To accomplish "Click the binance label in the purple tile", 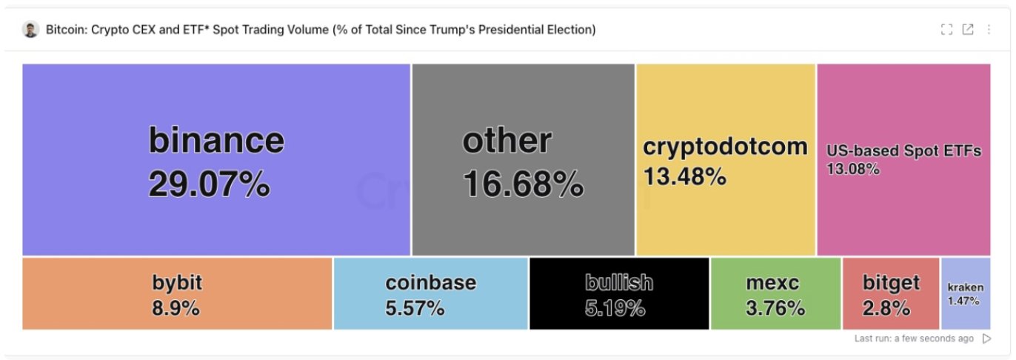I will click(x=216, y=139).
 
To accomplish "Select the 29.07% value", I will click(x=209, y=184).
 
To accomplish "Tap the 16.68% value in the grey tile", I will click(x=523, y=184).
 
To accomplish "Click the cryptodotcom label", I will click(x=725, y=147).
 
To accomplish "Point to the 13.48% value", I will click(x=684, y=177).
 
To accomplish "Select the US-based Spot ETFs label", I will click(x=903, y=150).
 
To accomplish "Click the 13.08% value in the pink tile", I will click(x=852, y=169).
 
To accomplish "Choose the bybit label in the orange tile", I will click(x=177, y=282).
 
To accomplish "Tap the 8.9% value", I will click(x=176, y=308).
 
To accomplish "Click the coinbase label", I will click(x=430, y=282).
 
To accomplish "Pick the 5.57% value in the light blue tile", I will click(x=415, y=308).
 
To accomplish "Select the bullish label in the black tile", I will click(x=619, y=282).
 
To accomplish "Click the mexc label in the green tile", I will click(x=772, y=282).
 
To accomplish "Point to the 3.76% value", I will click(x=775, y=308).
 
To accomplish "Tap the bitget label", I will click(x=891, y=282).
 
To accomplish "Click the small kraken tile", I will click(x=965, y=293).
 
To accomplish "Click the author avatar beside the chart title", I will click(x=30, y=30).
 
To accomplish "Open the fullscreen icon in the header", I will click(x=946, y=30).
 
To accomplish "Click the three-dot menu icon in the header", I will click(x=989, y=30).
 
